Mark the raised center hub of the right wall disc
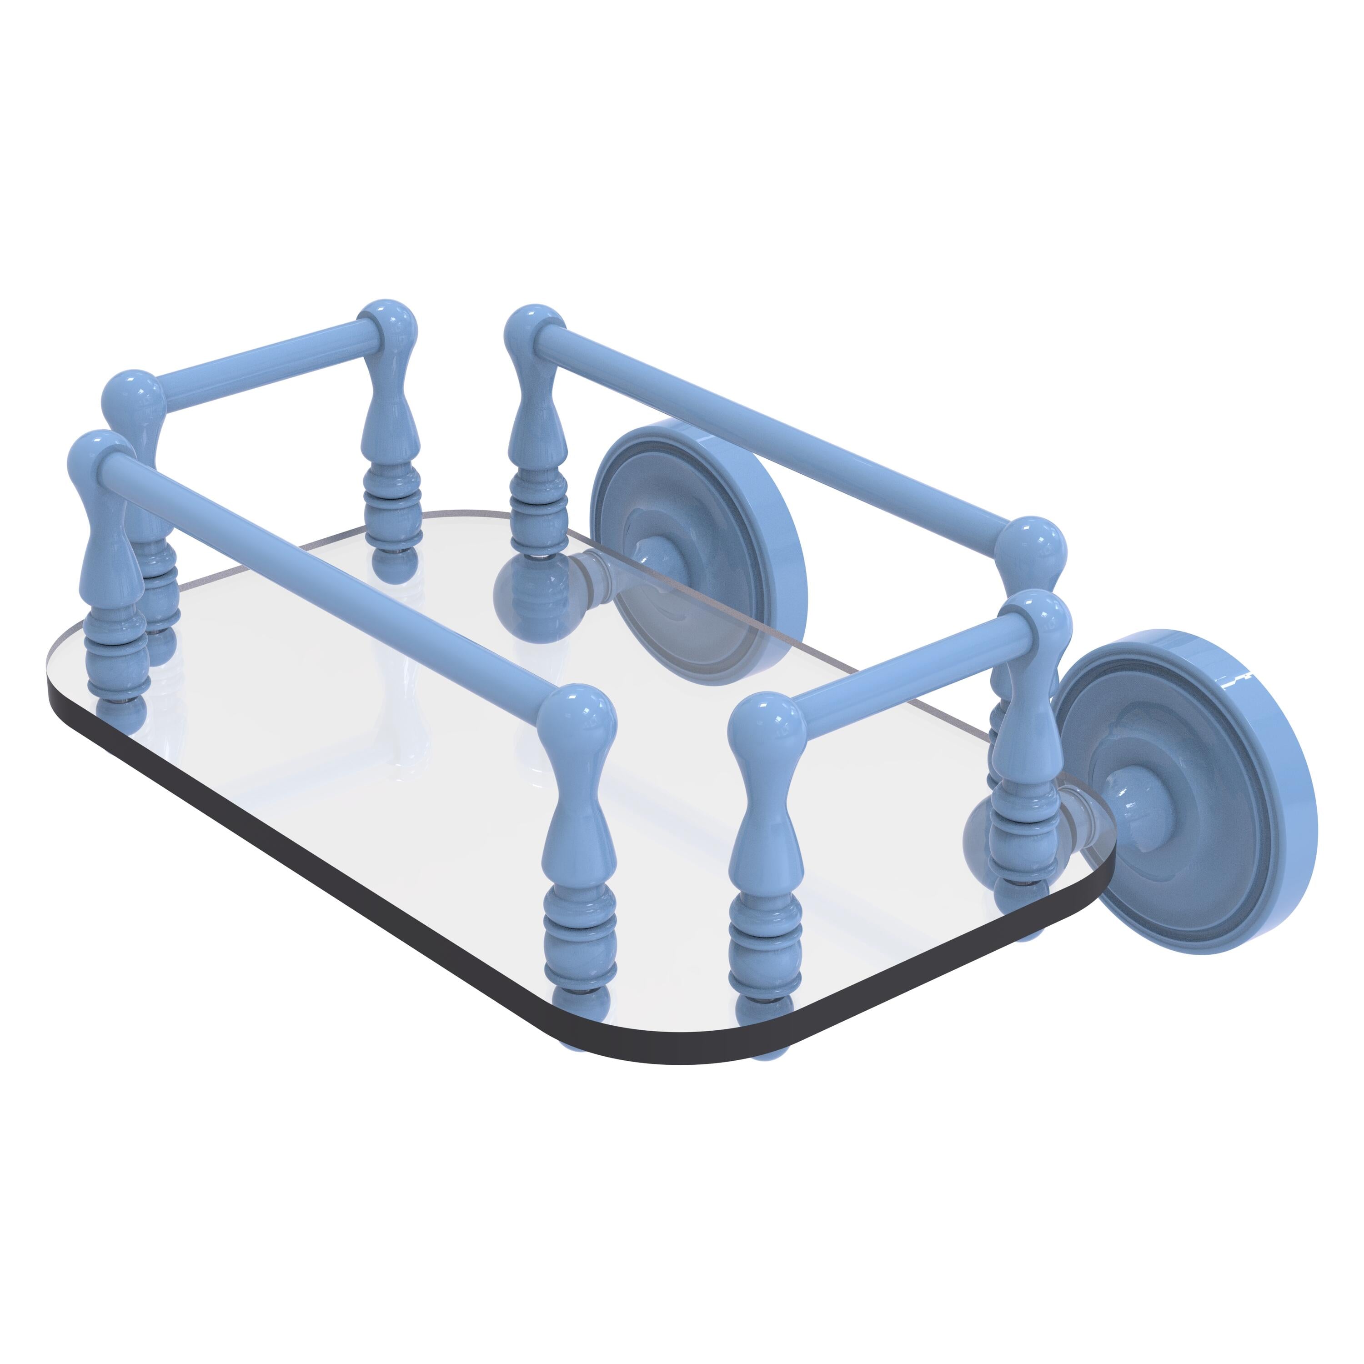(x=1137, y=801)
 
